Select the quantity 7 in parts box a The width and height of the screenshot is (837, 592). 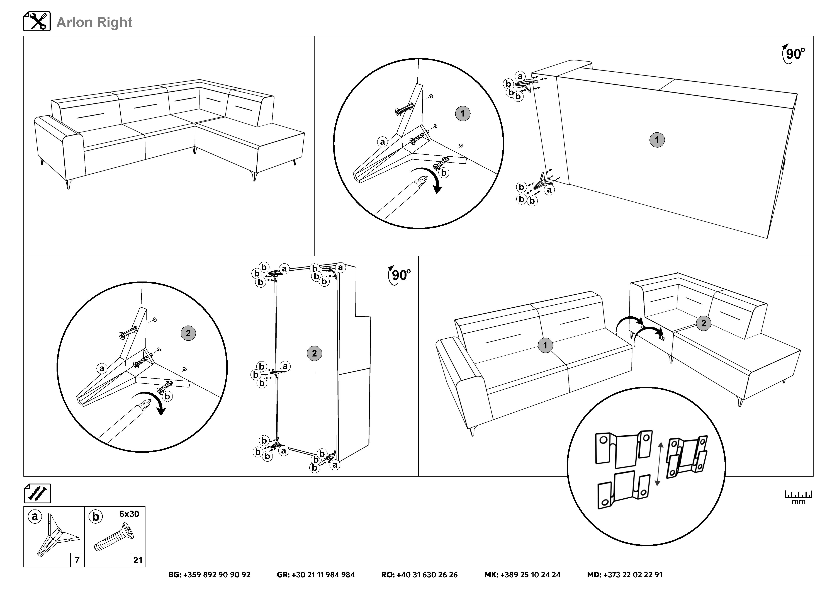(x=77, y=560)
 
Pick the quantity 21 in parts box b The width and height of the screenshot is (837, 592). (x=138, y=560)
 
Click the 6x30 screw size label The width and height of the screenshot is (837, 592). (x=129, y=514)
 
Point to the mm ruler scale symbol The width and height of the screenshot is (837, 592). (x=798, y=496)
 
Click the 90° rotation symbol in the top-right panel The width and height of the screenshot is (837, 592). (x=793, y=54)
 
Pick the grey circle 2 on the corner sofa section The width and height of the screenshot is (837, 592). (x=704, y=323)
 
